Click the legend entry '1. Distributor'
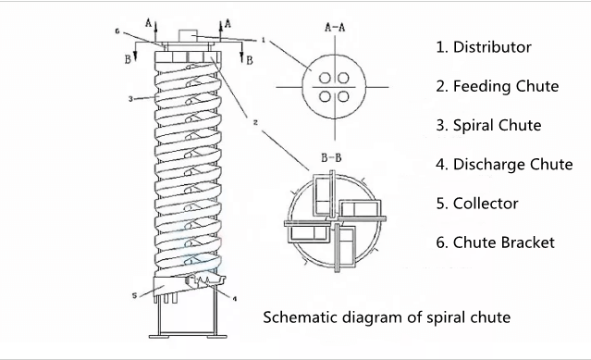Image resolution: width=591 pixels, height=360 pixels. pyautogui.click(x=484, y=47)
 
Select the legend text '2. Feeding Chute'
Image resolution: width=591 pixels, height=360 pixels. pyautogui.click(x=498, y=86)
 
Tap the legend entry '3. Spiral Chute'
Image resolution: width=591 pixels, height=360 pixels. pyautogui.click(x=488, y=125)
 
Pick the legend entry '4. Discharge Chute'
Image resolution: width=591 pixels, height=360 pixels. pyautogui.click(x=504, y=165)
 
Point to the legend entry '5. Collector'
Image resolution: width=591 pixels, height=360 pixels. pyautogui.click(x=477, y=204)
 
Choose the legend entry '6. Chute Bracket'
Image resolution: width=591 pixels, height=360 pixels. pyautogui.click(x=495, y=242)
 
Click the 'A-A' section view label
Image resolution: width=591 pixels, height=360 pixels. pyautogui.click(x=335, y=27)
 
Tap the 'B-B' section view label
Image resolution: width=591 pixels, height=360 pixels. pyautogui.click(x=331, y=157)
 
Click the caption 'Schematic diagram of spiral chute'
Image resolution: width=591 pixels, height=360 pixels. pyautogui.click(x=387, y=317)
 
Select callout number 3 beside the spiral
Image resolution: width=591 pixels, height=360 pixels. pyautogui.click(x=130, y=99)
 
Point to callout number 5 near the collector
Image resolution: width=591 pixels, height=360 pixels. pyautogui.click(x=134, y=295)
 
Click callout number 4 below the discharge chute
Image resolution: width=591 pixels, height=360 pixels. pyautogui.click(x=234, y=299)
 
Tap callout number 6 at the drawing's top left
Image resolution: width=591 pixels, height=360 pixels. pyautogui.click(x=117, y=31)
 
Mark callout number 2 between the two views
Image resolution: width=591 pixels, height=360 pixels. pyautogui.click(x=255, y=122)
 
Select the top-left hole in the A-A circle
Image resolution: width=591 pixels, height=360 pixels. pyautogui.click(x=325, y=79)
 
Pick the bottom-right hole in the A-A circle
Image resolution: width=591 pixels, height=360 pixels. pyautogui.click(x=343, y=96)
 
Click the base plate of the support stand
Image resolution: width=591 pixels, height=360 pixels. pyautogui.click(x=188, y=336)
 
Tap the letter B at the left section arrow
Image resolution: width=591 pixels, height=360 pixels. pyautogui.click(x=128, y=60)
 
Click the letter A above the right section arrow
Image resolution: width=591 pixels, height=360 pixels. pyautogui.click(x=228, y=24)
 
